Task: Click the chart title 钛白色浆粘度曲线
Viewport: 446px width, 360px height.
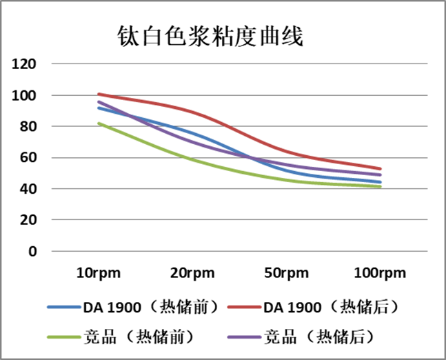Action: pos(210,35)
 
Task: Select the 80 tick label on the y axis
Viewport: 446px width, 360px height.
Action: pos(28,126)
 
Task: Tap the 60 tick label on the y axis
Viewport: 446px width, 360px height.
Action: pos(28,158)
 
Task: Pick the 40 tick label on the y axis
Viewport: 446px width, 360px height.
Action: pos(28,189)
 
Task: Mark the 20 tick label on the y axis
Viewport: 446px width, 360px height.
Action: pos(28,220)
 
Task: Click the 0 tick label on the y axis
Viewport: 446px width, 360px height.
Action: pos(32,251)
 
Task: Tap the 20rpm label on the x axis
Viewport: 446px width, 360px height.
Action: pos(192,272)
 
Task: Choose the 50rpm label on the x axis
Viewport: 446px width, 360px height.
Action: pos(285,272)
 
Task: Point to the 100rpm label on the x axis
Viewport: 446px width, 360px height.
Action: pos(380,272)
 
